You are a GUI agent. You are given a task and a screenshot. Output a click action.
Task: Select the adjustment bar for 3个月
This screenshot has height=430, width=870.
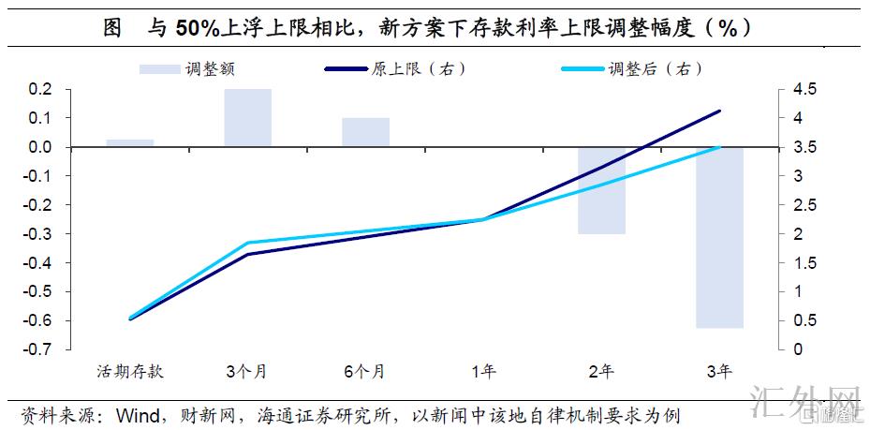pos(248,118)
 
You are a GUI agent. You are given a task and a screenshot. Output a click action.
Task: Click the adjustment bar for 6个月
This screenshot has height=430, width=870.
pos(365,132)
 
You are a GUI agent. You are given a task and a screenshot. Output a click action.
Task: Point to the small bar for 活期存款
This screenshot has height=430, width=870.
pos(130,143)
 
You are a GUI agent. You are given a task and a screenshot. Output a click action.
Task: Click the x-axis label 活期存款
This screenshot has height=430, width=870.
pos(130,372)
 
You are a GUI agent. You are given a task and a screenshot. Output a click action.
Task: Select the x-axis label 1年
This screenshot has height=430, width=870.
pos(483,372)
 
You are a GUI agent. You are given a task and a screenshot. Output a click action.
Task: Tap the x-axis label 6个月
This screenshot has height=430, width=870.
pos(365,372)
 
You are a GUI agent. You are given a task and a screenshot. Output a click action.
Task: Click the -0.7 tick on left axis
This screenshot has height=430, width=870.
pos(37,349)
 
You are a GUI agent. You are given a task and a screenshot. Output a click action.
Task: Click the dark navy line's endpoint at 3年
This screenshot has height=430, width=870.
pos(719,111)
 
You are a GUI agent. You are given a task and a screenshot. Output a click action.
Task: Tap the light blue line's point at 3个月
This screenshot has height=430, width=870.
pos(248,243)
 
